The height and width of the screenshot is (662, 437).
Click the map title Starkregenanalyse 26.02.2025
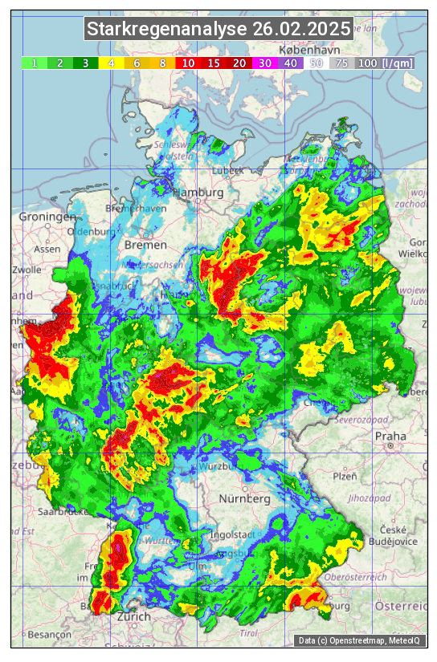tap(218, 30)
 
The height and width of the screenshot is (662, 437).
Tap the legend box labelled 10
tap(189, 63)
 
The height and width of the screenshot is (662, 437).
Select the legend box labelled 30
tap(265, 63)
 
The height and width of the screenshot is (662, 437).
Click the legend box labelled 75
tap(341, 63)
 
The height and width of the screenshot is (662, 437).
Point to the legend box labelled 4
tap(112, 63)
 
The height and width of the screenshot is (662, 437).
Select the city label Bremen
tap(145, 244)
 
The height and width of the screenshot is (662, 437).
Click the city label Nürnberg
tap(244, 498)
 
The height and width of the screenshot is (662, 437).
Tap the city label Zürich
tap(133, 616)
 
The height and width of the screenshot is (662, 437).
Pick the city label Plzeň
tap(345, 475)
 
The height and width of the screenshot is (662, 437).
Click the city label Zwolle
tap(26, 270)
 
